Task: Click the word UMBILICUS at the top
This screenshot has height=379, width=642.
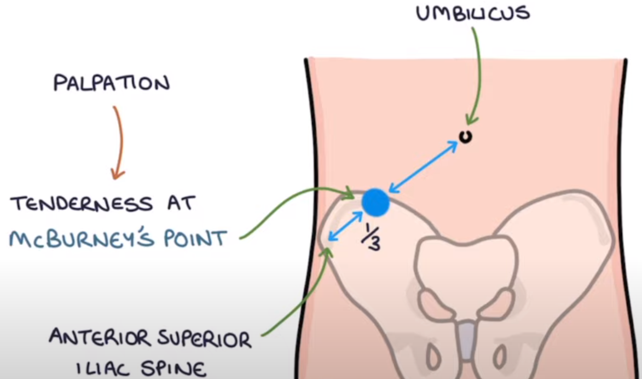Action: pyautogui.click(x=472, y=13)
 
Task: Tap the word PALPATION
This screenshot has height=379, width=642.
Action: pyautogui.click(x=112, y=84)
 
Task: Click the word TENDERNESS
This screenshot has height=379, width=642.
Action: pyautogui.click(x=82, y=204)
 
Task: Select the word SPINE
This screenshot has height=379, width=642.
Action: pyautogui.click(x=176, y=367)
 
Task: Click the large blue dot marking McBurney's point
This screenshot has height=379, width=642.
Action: pyautogui.click(x=375, y=202)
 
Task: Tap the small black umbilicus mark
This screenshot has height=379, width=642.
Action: pyautogui.click(x=466, y=137)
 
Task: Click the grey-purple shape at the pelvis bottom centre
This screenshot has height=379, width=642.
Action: pyautogui.click(x=466, y=335)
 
